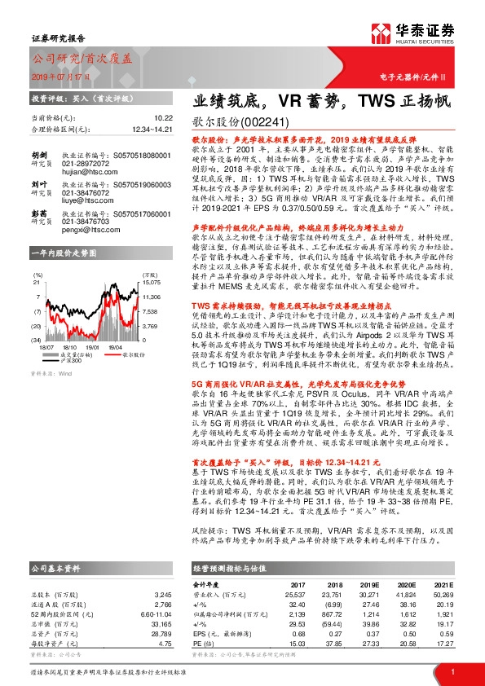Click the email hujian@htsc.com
pos(87,173)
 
